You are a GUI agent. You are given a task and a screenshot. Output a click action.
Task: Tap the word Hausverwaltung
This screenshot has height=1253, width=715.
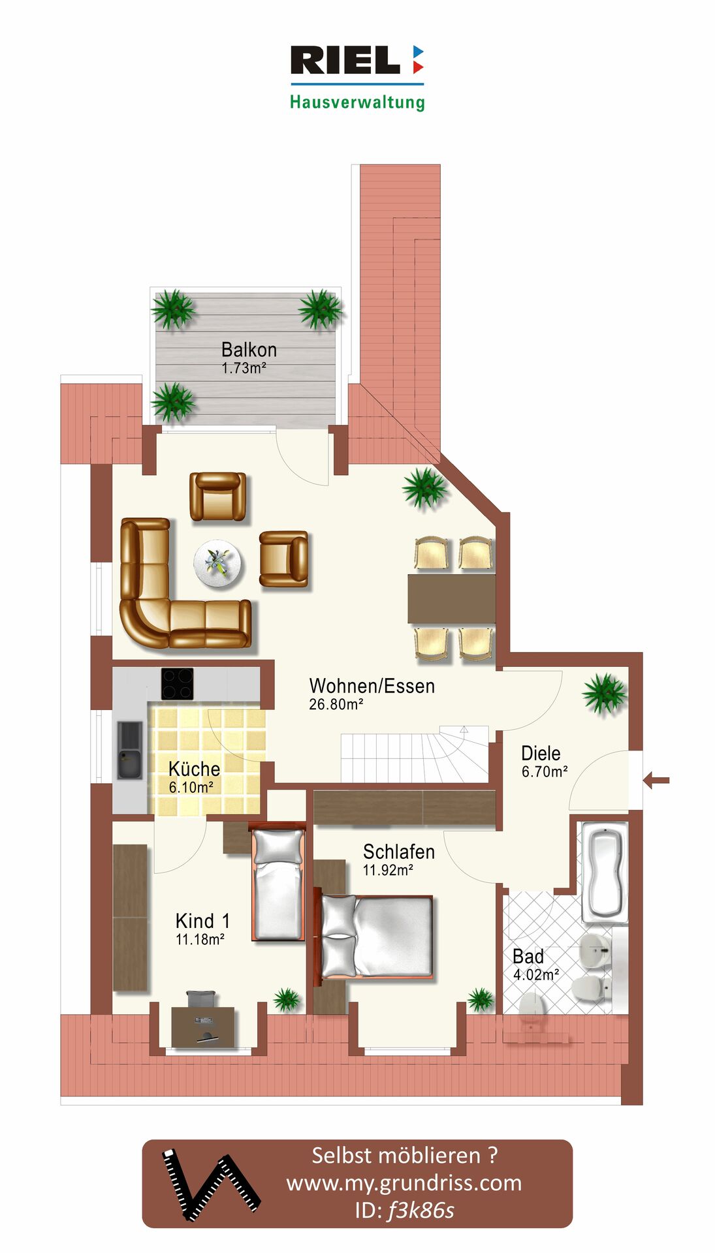click(x=357, y=102)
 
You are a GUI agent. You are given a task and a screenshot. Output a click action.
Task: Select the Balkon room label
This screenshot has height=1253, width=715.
click(x=249, y=349)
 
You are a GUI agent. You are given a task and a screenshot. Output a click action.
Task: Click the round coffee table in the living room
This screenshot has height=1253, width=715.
click(x=217, y=563)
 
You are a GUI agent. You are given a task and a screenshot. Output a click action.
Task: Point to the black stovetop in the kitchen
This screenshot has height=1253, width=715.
click(x=178, y=683)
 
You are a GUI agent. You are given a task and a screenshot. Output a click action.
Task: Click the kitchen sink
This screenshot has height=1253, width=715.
click(x=130, y=750)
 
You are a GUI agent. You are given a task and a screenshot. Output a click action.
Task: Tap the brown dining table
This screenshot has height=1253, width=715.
click(x=451, y=598)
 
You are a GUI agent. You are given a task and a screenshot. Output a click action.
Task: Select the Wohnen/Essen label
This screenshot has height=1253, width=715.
click(x=372, y=686)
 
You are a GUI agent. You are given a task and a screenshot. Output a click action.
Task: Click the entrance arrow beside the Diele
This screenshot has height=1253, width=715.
click(x=656, y=779)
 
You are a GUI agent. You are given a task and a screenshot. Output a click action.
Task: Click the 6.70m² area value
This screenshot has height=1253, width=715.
click(x=545, y=771)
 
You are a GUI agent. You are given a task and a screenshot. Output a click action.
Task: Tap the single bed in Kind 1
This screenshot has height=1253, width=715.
click(x=278, y=883)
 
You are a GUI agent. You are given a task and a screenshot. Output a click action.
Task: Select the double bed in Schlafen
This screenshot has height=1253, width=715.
click(x=375, y=936)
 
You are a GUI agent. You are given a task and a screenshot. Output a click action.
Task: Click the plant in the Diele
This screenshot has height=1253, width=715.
click(x=605, y=694)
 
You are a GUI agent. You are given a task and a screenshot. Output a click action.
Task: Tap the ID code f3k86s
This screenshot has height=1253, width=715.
click(x=421, y=1211)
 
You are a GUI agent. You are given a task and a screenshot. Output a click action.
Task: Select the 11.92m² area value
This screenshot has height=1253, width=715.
click(x=388, y=870)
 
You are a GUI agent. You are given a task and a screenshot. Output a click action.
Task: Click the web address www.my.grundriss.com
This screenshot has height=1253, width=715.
click(x=404, y=1183)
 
